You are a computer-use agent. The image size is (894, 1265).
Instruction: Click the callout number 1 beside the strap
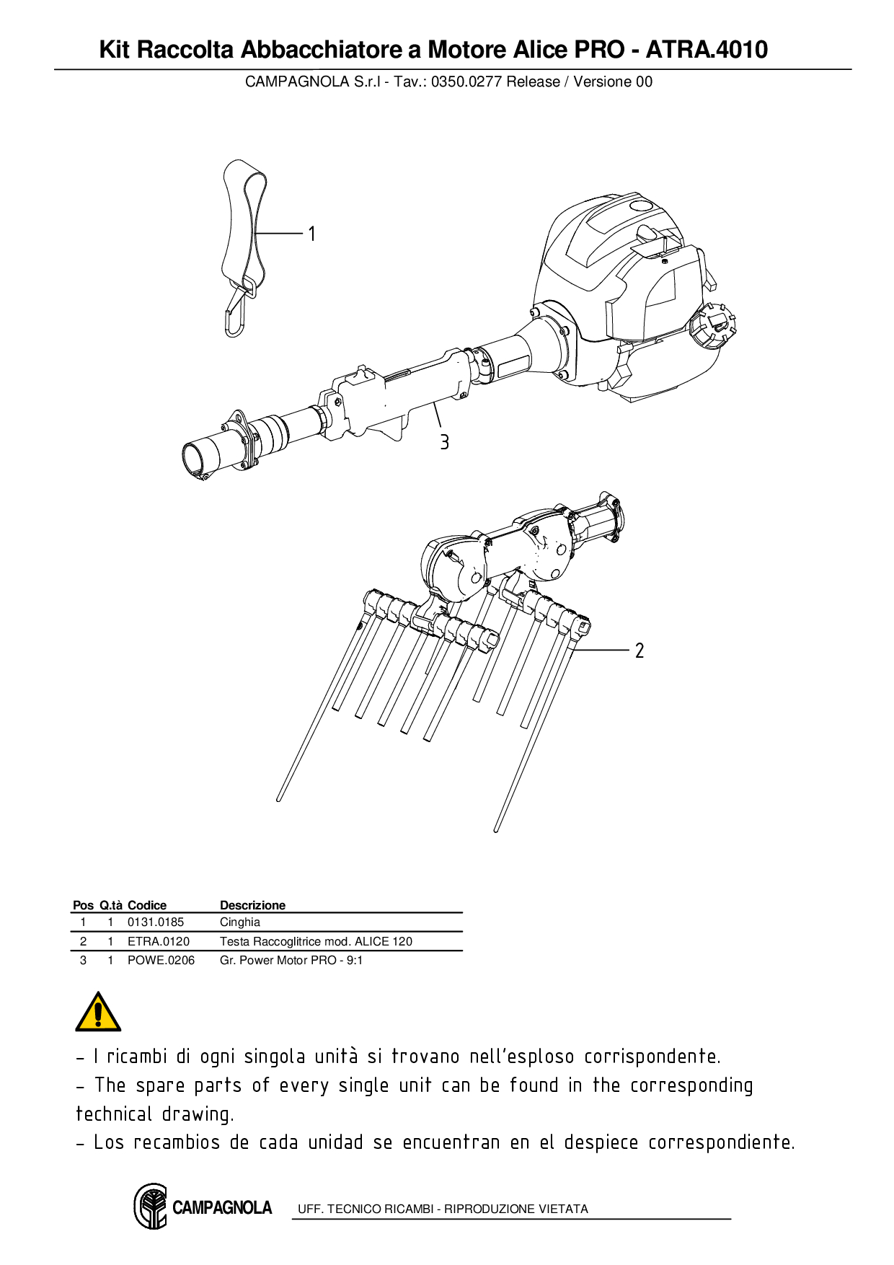[311, 234]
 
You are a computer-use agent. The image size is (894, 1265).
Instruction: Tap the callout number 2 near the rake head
[639, 651]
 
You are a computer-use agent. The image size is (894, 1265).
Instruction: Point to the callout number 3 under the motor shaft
[444, 442]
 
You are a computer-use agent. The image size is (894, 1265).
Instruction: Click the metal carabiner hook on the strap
[236, 314]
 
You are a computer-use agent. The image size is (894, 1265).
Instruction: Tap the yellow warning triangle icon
[98, 1013]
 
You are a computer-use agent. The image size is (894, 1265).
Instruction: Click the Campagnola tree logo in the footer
[151, 1206]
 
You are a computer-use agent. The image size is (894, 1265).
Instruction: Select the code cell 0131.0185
[155, 922]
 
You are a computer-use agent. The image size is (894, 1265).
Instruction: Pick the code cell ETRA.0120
[158, 941]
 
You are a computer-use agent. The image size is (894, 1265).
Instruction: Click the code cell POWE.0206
[161, 960]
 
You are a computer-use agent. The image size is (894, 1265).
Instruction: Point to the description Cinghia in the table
[239, 922]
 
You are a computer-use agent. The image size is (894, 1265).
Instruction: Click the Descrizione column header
[252, 905]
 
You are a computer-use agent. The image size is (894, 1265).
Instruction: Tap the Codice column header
[146, 905]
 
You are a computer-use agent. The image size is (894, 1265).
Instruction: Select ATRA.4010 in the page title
[707, 50]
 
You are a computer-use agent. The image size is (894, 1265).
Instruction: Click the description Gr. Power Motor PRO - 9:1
[291, 960]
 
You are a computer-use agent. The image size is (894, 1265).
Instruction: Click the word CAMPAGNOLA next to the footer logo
[222, 1207]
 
